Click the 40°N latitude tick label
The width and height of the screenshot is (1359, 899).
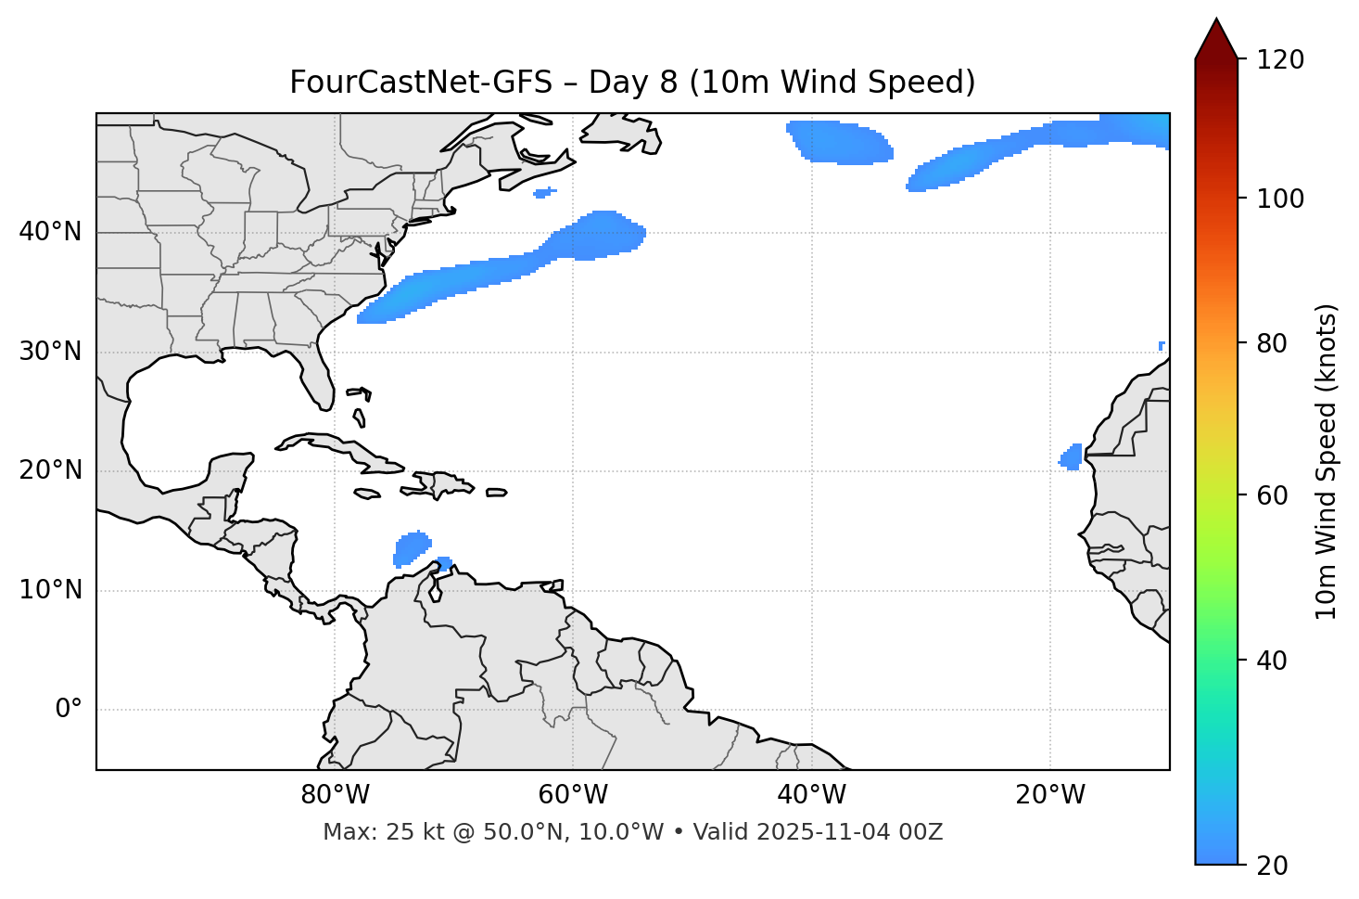pos(50,232)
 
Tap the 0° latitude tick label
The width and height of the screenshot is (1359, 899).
pos(69,710)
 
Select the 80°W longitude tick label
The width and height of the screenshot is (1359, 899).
pos(335,795)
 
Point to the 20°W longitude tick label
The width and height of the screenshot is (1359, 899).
pos(1050,795)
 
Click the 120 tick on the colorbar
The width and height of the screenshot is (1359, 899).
pos(1282,60)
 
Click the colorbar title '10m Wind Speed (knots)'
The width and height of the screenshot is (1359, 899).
pos(1327,461)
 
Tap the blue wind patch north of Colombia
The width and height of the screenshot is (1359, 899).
pos(411,548)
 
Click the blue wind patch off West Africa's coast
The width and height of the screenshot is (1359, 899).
pos(1072,456)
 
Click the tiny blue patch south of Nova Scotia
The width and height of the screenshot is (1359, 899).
pos(545,193)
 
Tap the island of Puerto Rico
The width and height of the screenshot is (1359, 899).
pos(497,493)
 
